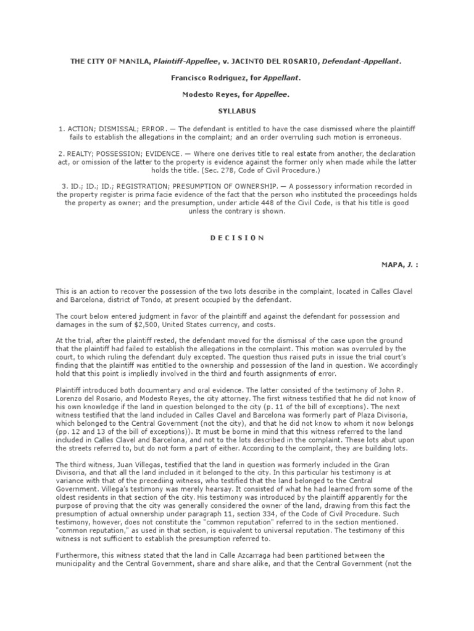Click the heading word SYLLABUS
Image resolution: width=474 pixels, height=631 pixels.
coord(237,111)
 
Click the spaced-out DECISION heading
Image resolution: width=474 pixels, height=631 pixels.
coord(237,237)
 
